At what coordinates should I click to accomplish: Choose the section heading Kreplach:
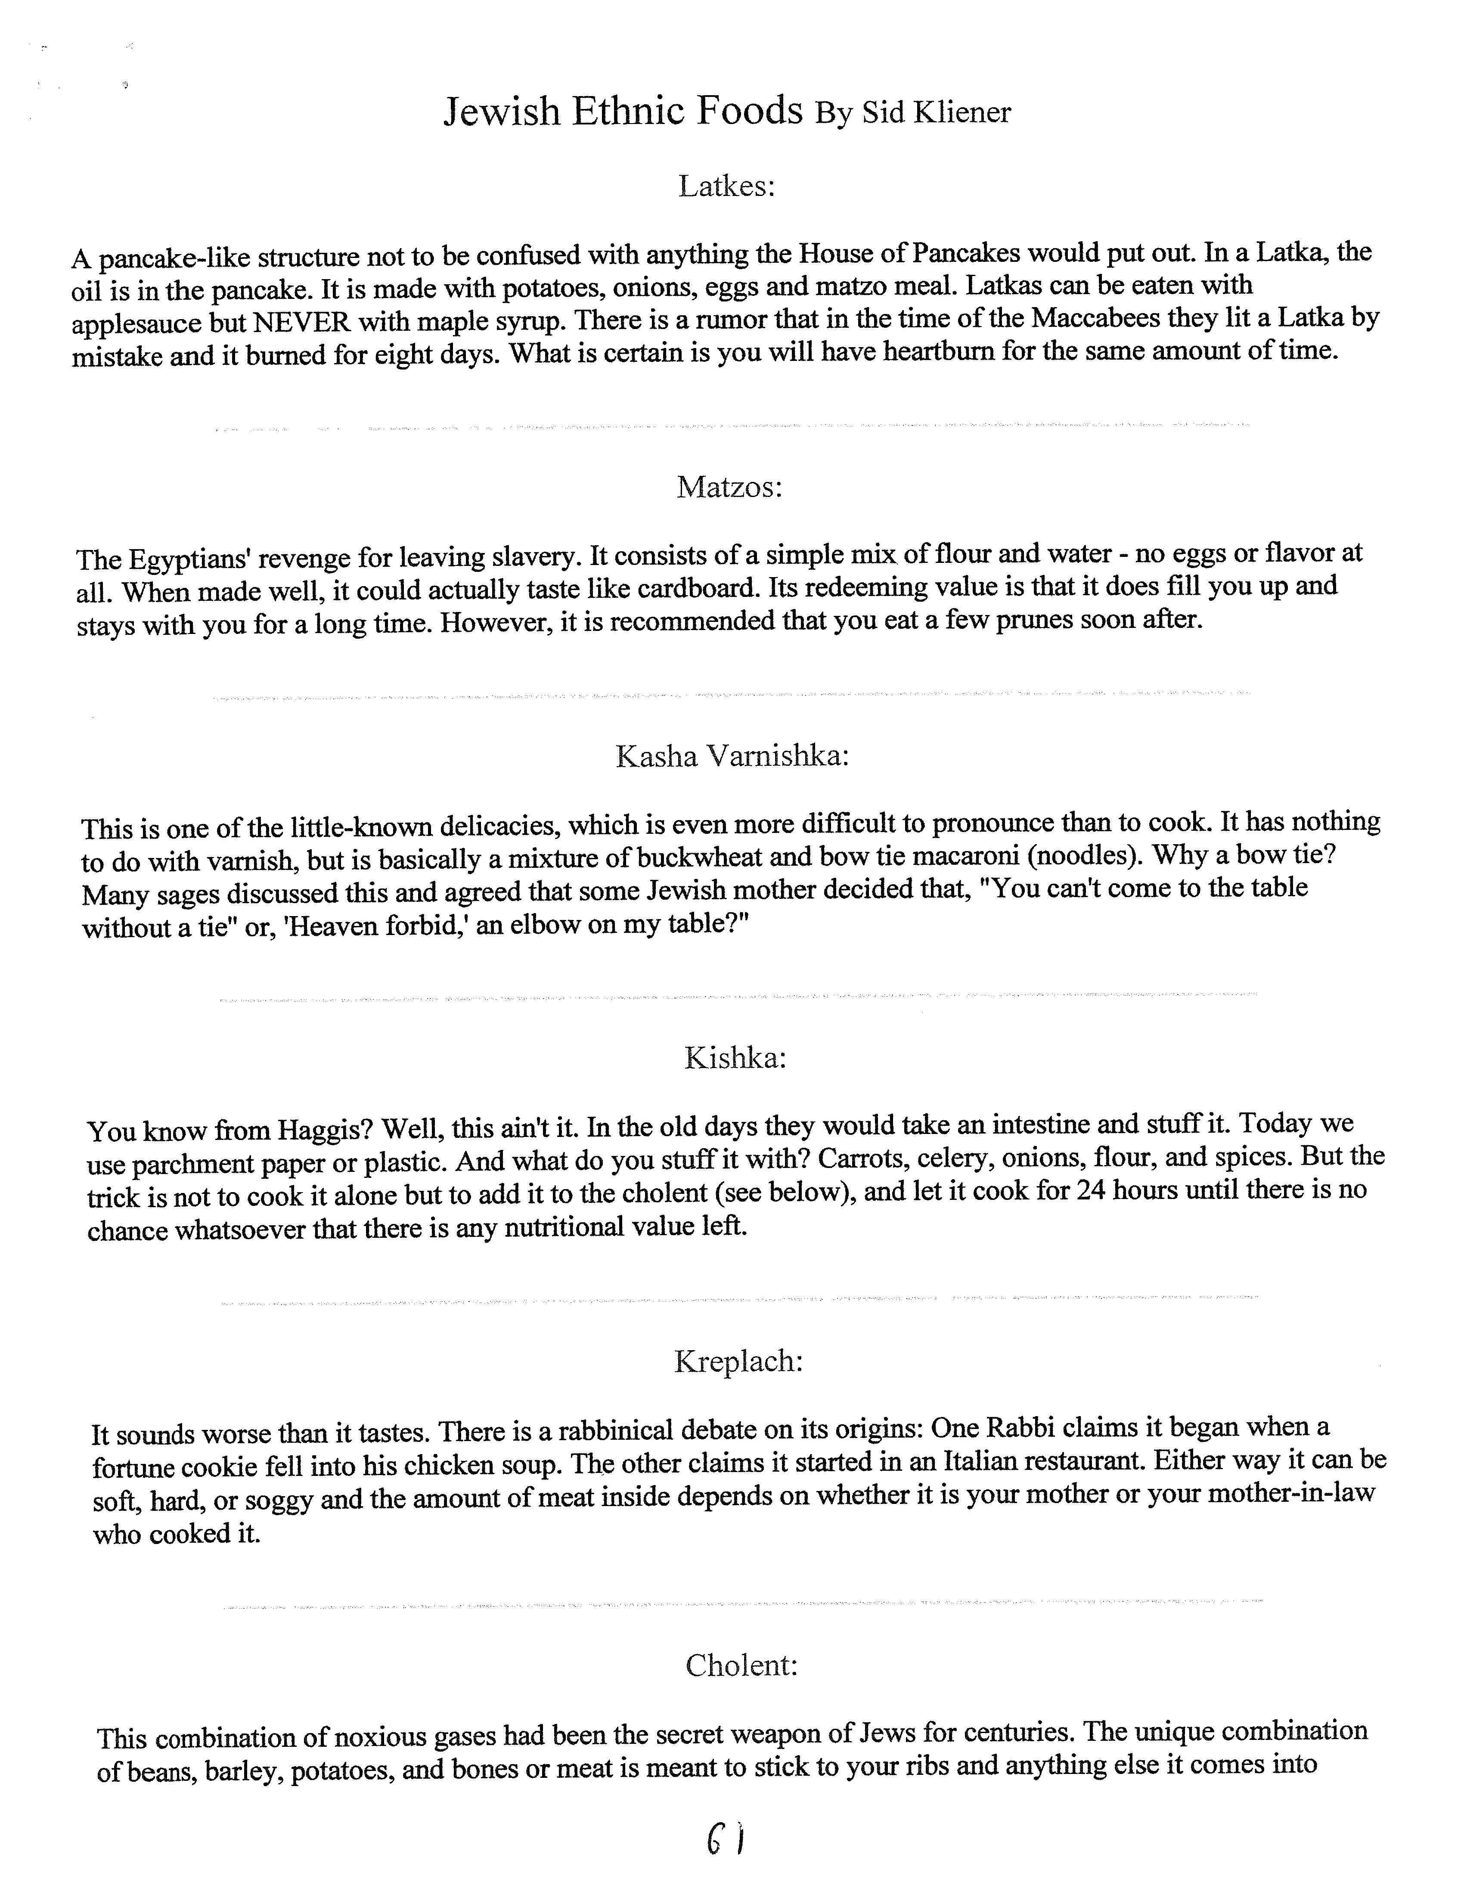point(738,1361)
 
